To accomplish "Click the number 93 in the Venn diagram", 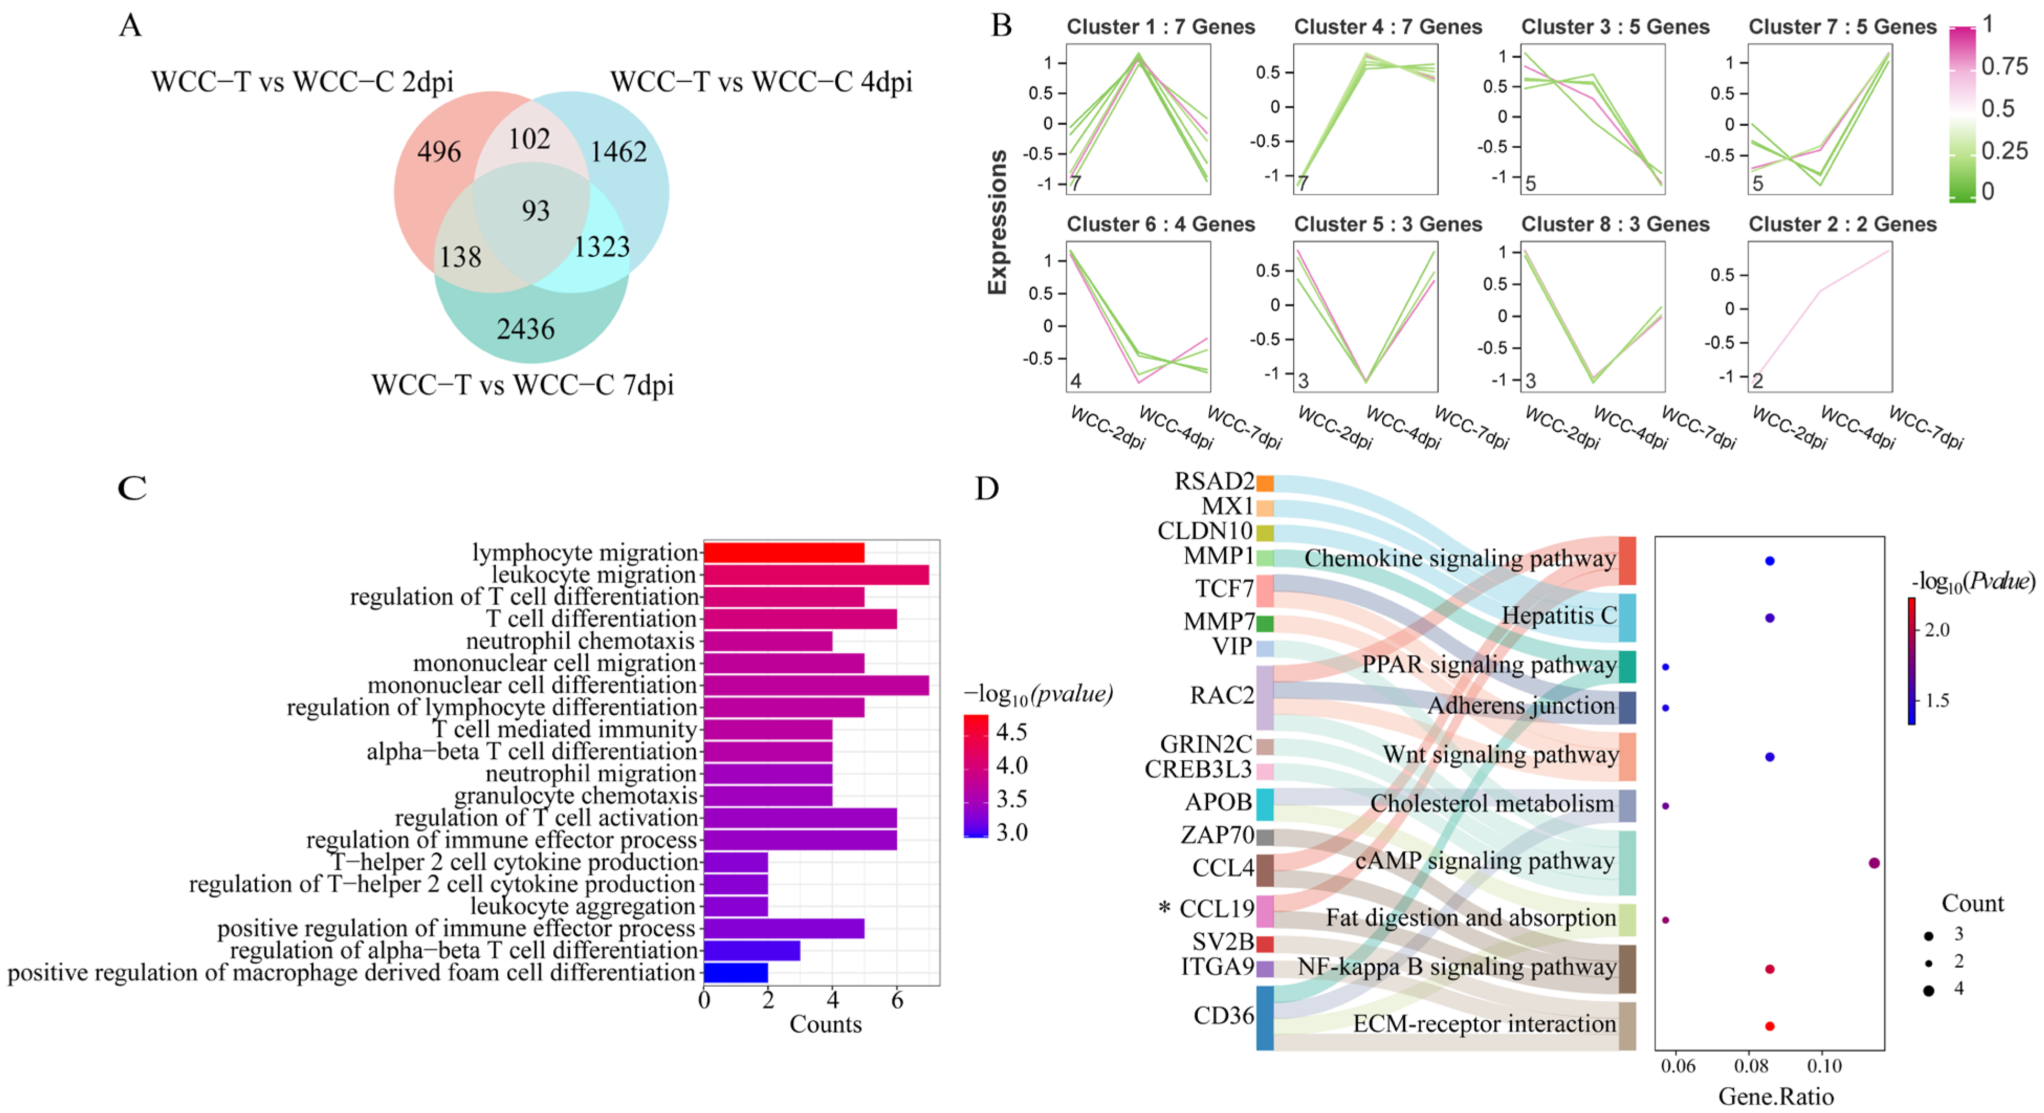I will click(535, 211).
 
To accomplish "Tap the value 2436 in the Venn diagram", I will click(526, 329).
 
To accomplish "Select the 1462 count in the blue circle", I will click(618, 151).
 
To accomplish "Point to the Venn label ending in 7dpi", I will click(523, 386).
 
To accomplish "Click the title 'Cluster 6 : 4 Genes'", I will click(1160, 224).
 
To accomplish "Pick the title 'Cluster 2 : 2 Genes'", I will click(1842, 224).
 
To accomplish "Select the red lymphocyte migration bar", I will click(783, 553).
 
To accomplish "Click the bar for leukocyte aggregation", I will click(736, 907).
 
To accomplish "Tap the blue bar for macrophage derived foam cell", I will click(736, 973).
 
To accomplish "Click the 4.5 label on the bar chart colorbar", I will click(1012, 732).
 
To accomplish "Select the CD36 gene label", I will click(1223, 1016).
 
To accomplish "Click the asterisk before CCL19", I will click(1164, 908).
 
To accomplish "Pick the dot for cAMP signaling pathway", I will click(1874, 863).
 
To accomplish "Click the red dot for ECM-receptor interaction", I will click(1769, 1025).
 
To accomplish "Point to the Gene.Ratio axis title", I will click(1776, 1096).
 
